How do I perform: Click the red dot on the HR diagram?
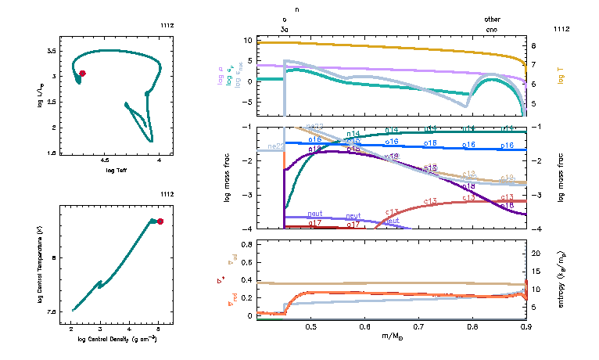tap(82, 73)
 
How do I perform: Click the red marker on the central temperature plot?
tap(160, 221)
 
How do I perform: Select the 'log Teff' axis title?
tap(117, 170)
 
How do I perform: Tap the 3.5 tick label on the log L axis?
tap(51, 49)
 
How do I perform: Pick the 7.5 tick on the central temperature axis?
tap(52, 311)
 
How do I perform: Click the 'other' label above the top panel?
tap(492, 19)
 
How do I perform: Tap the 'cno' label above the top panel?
tap(492, 28)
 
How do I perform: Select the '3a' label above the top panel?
tap(285, 28)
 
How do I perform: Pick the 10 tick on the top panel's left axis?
tap(248, 40)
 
